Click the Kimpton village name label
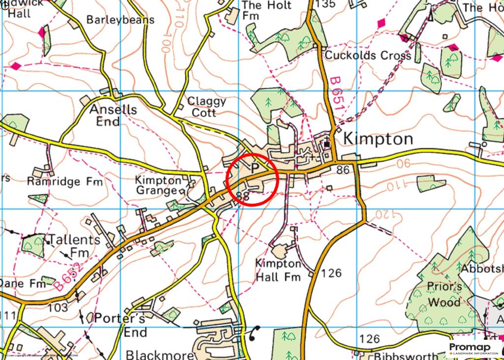click(378, 139)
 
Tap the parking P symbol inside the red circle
click(254, 168)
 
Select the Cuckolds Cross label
click(368, 55)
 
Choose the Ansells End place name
click(113, 115)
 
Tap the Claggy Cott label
click(206, 107)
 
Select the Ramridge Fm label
click(65, 181)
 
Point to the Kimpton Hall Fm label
click(278, 270)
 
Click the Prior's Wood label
click(444, 295)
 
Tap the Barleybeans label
click(120, 20)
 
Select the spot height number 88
click(242, 196)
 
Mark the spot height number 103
click(59, 308)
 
